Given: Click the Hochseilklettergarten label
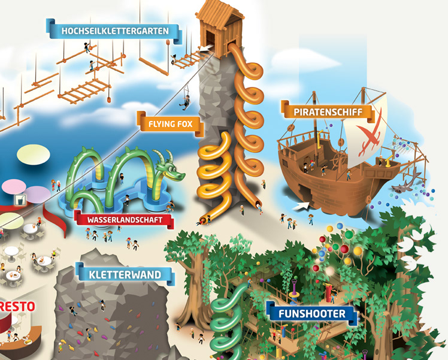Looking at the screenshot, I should tap(113, 30).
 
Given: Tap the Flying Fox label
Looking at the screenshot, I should tap(170, 125).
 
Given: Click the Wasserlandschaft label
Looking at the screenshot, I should tap(124, 220).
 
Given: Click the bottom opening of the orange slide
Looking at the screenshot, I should tap(260, 207).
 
